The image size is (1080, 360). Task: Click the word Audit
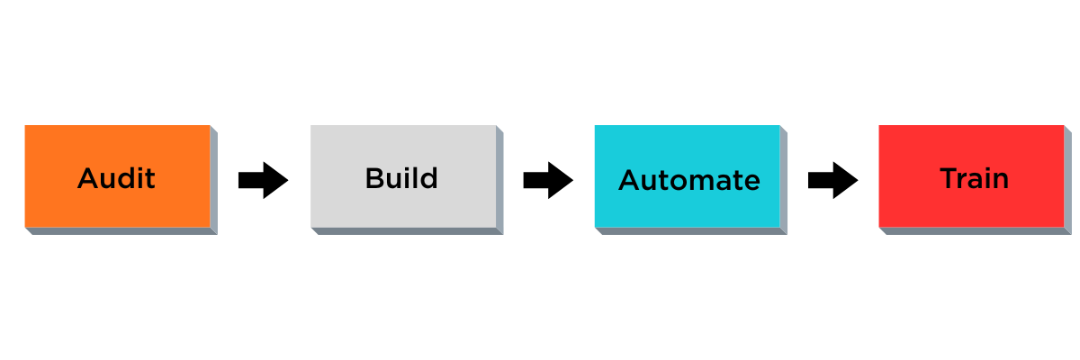click(116, 178)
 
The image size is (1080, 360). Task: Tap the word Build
click(401, 178)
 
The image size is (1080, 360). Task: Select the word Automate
click(688, 181)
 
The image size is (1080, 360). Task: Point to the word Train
click(974, 178)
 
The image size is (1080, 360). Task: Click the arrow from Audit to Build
click(263, 181)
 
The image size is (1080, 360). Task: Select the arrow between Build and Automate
click(548, 181)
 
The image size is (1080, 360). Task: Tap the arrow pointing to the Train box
click(832, 181)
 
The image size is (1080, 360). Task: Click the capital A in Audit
click(87, 178)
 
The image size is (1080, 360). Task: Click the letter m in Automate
click(707, 183)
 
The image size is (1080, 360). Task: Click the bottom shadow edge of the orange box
click(121, 231)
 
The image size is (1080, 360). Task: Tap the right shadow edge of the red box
click(1068, 180)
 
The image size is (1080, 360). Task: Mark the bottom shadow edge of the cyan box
click(691, 231)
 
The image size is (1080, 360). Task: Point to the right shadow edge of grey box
click(499, 180)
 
